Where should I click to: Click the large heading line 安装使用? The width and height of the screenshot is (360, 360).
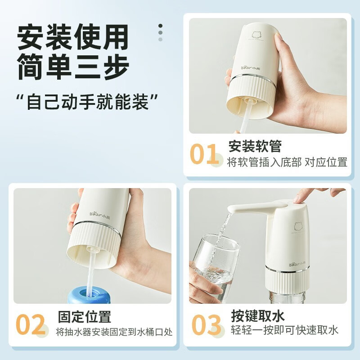pos(72,36)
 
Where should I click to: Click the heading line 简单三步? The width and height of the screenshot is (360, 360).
pos(73,67)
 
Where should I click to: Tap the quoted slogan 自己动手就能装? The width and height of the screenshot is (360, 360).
pos(87,101)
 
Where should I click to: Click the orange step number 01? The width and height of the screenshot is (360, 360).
pos(204,154)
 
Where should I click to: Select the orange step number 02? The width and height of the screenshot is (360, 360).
pos(30,324)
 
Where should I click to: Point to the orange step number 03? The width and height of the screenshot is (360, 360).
pos(206,324)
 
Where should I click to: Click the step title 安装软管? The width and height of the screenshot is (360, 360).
pos(255,146)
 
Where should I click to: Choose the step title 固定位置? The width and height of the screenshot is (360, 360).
pos(85,317)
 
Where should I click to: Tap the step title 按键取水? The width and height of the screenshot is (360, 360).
pos(258,316)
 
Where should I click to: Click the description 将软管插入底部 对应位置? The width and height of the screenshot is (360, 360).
pos(287,162)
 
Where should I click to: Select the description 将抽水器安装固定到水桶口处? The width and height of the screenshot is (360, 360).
pos(114,332)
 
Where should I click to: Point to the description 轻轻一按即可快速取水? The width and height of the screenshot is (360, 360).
pos(285,330)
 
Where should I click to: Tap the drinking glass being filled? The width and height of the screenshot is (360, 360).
pos(215,269)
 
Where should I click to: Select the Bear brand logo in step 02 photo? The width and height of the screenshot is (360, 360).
pos(99,215)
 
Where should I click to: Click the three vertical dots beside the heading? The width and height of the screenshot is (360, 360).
pos(161,32)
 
